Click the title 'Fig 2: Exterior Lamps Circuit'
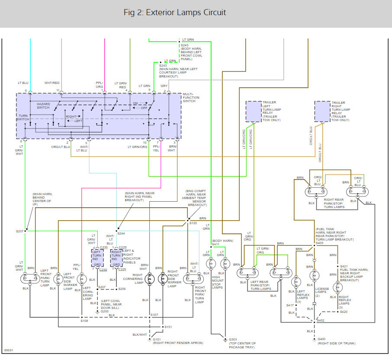tap(175, 12)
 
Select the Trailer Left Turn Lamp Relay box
tap(254, 112)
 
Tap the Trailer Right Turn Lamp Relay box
tap(322, 112)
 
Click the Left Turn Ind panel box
tap(97, 258)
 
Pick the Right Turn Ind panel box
tap(116, 258)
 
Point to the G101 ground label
tap(157, 339)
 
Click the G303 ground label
tap(233, 339)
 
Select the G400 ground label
tap(321, 339)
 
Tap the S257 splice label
tap(19, 231)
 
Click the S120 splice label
tap(193, 223)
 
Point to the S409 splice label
tap(319, 243)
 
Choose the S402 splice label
tap(321, 320)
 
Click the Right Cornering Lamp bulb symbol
tap(150, 279)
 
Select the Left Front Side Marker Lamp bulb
tap(58, 279)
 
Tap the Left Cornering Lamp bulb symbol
tap(81, 279)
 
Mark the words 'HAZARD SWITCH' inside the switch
tap(43, 106)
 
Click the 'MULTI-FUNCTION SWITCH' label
tap(191, 97)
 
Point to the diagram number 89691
tap(9, 350)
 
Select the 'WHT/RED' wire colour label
tap(52, 83)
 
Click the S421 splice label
tap(344, 266)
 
